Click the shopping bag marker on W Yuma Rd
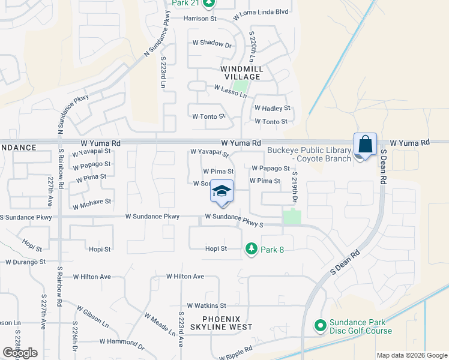tap(365, 145)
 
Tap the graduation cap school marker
tap(221, 191)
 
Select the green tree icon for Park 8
tap(252, 248)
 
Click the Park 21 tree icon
tap(208, 4)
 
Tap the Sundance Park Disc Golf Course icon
tap(320, 326)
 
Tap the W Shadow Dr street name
tap(212, 44)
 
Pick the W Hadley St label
tap(272, 109)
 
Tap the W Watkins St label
tap(206, 305)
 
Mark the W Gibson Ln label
tap(93, 316)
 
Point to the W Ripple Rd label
tap(231, 353)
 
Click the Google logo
tap(20, 353)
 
